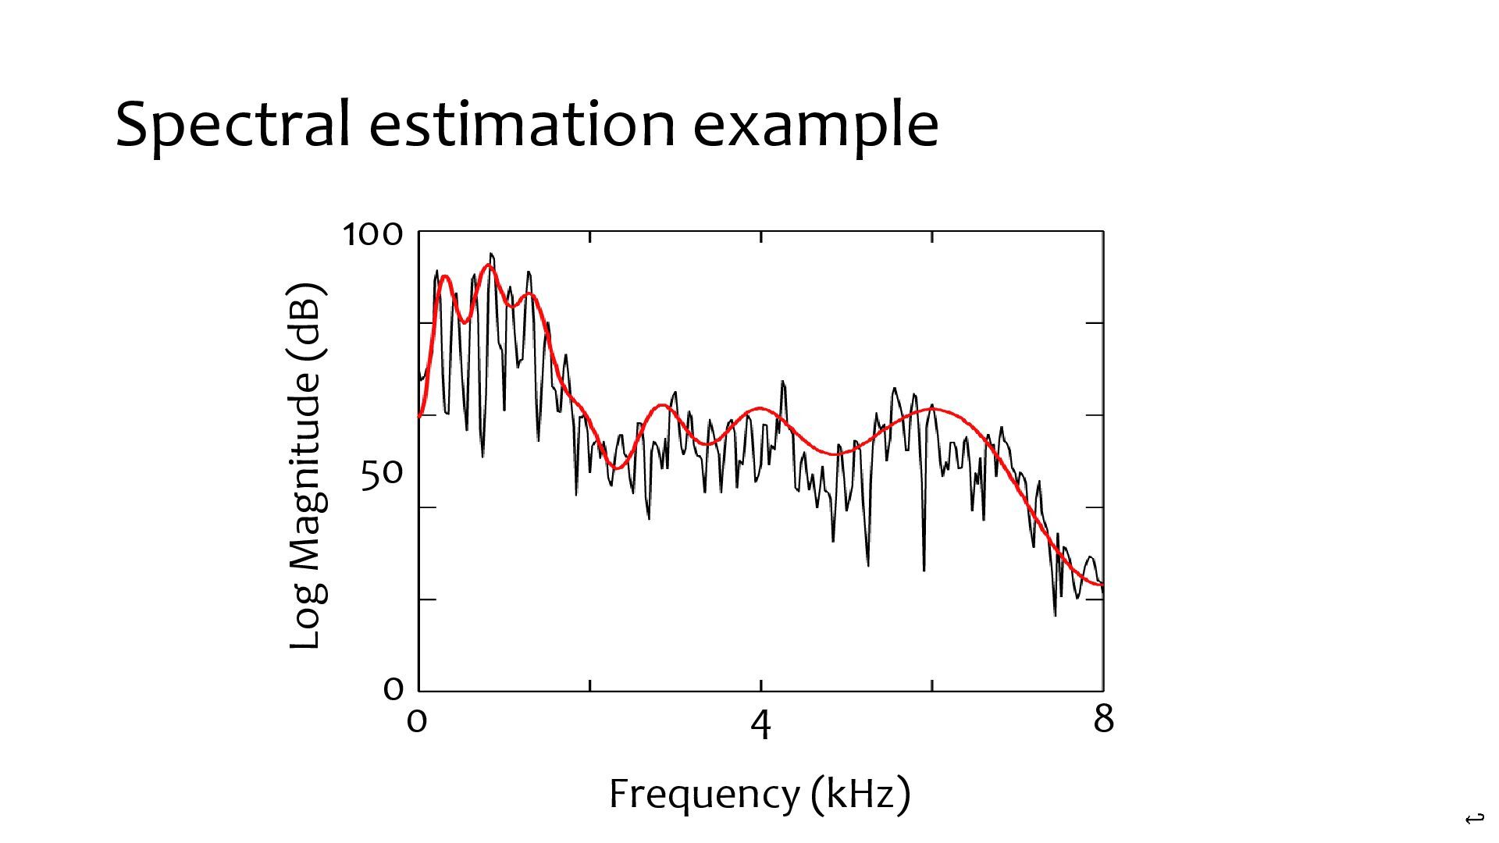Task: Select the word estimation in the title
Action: pyautogui.click(x=522, y=125)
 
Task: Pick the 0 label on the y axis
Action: pyautogui.click(x=393, y=688)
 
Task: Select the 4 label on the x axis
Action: pyautogui.click(x=760, y=725)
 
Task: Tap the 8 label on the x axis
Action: pyautogui.click(x=1103, y=719)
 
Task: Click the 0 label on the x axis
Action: pyautogui.click(x=417, y=720)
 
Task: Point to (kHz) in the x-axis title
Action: pyautogui.click(x=860, y=795)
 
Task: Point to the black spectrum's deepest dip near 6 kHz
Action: pyautogui.click(x=924, y=570)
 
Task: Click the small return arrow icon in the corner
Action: pyautogui.click(x=1474, y=819)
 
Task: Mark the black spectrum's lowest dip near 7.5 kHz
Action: pyautogui.click(x=1055, y=615)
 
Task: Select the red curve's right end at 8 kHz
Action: pyautogui.click(x=1102, y=585)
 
